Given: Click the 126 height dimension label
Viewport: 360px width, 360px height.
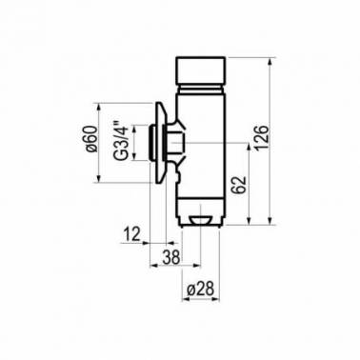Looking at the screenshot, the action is (262, 137).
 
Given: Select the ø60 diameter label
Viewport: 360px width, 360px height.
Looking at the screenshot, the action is (91, 138).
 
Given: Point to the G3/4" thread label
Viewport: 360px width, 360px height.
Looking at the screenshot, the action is (122, 140).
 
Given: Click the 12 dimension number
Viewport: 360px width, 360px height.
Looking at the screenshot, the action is (131, 234).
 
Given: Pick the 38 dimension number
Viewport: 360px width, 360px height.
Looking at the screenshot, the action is (171, 257).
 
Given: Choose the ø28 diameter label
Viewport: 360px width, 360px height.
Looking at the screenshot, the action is (201, 289).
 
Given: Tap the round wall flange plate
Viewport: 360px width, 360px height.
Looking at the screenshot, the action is (160, 143).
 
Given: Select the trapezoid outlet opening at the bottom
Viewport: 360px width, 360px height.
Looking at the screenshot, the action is (200, 220).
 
